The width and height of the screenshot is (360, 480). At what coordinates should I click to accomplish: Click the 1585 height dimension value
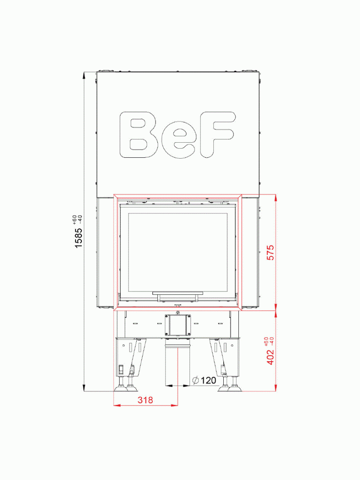(79, 237)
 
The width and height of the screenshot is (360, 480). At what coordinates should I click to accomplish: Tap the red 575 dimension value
(270, 252)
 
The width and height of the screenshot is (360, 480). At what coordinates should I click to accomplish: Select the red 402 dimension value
(270, 357)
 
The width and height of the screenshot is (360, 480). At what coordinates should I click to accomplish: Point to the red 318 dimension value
(145, 400)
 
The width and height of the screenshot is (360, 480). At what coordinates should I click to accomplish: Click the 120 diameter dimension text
(209, 381)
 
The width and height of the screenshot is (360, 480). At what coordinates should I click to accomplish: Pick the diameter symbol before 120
(195, 381)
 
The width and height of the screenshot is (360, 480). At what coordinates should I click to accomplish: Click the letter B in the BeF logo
(139, 135)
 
